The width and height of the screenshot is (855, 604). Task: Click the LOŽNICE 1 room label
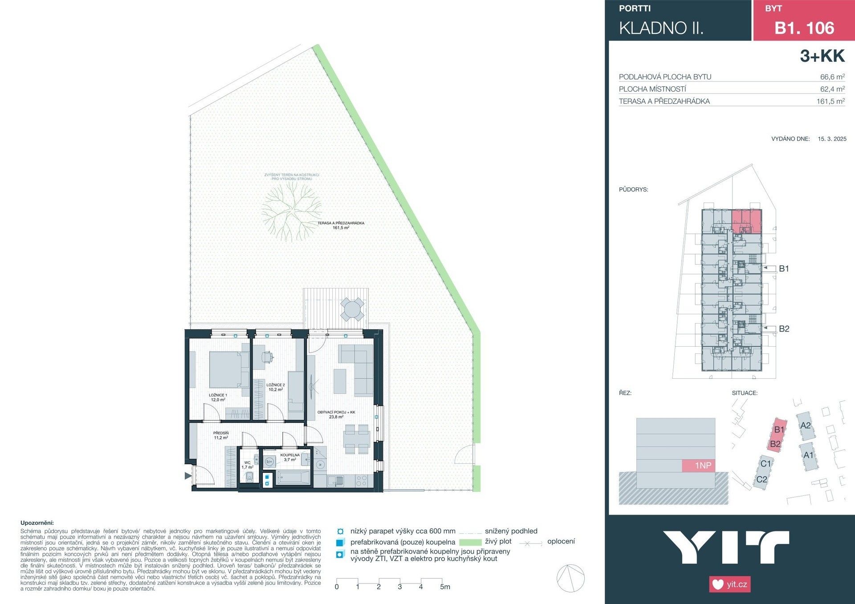click(x=218, y=397)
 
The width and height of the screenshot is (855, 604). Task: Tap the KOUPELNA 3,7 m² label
click(x=290, y=457)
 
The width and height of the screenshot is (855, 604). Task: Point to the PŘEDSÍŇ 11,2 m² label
click(x=221, y=435)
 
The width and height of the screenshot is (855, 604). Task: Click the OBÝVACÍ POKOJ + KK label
click(x=336, y=414)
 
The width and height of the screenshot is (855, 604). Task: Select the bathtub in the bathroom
click(x=293, y=478)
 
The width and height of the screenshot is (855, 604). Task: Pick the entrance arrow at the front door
click(x=188, y=476)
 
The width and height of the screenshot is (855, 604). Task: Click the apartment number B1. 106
click(x=804, y=28)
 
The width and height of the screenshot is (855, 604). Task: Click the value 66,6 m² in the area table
click(x=832, y=77)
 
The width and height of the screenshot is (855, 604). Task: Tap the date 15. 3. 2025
click(x=832, y=139)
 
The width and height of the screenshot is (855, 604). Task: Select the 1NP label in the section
click(x=703, y=466)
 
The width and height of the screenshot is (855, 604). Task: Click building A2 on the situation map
click(x=805, y=426)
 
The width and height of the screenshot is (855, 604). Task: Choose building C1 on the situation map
click(x=765, y=464)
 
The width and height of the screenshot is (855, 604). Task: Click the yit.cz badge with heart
click(x=730, y=584)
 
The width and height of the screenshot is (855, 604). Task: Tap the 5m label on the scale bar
click(x=445, y=587)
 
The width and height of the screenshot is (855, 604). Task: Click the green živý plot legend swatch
click(x=470, y=542)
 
